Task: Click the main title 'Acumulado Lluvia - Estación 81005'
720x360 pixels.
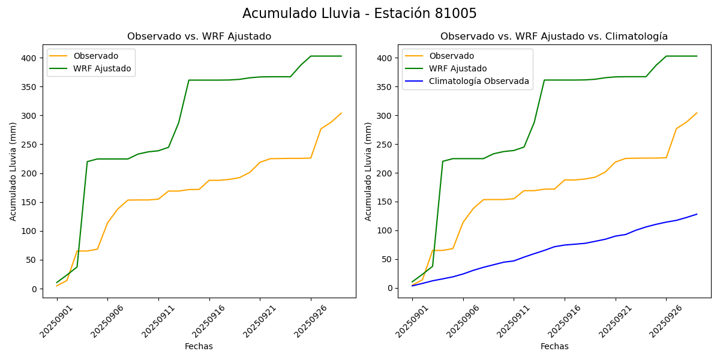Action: (x=359, y=14)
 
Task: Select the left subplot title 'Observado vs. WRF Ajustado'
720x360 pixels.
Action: (x=199, y=37)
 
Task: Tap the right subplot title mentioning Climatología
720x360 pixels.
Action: (x=554, y=37)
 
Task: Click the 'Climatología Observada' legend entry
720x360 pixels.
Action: (x=482, y=82)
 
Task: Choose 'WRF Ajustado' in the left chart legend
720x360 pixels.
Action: (x=102, y=68)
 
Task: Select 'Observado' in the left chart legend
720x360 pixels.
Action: (x=96, y=56)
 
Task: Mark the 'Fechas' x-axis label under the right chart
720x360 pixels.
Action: (x=554, y=346)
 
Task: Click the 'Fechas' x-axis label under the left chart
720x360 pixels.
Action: (x=199, y=346)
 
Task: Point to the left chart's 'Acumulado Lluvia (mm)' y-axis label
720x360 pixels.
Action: (x=13, y=171)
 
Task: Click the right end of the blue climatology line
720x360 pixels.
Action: (x=697, y=214)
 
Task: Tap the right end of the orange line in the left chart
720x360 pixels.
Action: (x=341, y=113)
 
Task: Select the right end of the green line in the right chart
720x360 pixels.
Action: (x=697, y=56)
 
